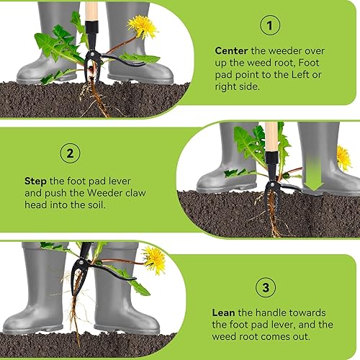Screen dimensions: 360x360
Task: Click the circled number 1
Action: (270, 25)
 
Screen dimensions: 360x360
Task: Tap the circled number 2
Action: (70, 153)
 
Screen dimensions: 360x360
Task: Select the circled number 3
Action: (266, 287)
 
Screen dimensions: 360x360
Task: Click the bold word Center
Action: (231, 51)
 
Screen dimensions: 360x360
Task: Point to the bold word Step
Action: (35, 181)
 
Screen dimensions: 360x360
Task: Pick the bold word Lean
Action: (223, 312)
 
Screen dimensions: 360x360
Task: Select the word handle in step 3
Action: (271, 312)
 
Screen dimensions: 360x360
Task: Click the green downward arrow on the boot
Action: (313, 174)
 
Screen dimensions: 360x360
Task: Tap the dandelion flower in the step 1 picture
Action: (143, 27)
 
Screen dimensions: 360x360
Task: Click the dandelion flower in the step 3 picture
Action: (155, 260)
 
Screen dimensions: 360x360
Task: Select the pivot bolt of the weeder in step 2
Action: (272, 184)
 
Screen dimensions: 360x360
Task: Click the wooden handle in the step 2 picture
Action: (271, 137)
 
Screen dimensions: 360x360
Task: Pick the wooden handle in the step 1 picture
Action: (91, 12)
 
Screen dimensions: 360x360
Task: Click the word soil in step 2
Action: (97, 205)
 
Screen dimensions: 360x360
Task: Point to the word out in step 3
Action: (302, 336)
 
